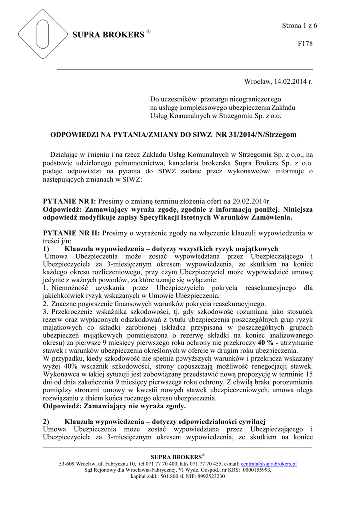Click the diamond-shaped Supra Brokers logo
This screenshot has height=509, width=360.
[42, 34]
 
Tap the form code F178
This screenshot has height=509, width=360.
[305, 44]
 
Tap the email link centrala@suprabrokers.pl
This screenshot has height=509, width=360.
[269, 464]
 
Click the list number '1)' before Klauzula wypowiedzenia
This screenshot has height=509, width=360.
[47, 248]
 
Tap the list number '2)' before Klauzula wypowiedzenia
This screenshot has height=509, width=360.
[47, 422]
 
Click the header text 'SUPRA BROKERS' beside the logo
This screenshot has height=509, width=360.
[108, 35]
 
